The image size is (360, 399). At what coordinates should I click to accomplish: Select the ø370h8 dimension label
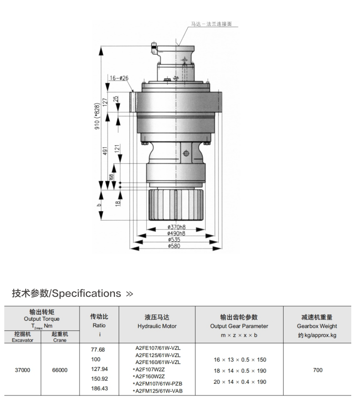pos(176,227)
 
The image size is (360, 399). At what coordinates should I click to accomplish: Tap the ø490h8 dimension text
pos(176,233)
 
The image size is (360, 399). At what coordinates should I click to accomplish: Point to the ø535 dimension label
pos(174,240)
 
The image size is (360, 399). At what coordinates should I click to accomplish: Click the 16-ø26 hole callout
pos(119,78)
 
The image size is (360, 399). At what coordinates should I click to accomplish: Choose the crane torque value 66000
pos(60,370)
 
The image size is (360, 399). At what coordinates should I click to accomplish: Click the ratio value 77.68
pos(98,350)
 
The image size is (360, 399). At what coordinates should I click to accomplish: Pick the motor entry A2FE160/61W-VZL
pos(158,363)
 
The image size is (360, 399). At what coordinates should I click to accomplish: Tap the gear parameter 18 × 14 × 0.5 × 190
pos(240,371)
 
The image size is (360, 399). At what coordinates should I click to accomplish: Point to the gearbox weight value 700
pos(317,370)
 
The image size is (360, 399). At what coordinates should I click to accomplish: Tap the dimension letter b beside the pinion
pos(99,205)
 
